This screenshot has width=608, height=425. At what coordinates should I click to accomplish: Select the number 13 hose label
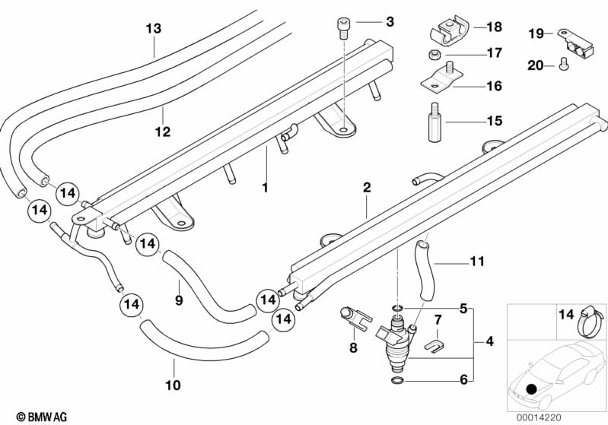154,28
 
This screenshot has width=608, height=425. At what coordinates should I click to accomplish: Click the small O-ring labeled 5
397,309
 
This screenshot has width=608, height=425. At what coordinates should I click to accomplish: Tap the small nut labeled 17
434,55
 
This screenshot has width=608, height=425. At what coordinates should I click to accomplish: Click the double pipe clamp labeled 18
450,30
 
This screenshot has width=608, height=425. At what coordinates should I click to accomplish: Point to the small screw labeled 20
563,66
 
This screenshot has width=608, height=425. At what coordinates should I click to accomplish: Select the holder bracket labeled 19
575,44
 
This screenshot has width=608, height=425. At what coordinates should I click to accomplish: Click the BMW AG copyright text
42,417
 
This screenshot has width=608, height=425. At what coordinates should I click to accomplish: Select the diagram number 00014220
539,417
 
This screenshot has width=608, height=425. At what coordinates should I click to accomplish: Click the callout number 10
173,385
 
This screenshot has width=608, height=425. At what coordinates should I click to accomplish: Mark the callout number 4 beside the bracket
490,341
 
